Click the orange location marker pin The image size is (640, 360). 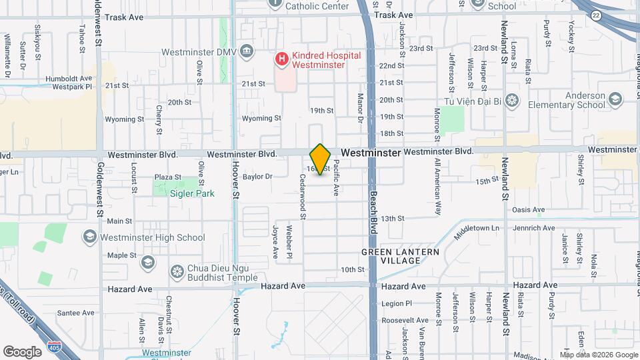[x=320, y=159]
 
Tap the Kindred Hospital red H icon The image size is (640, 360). [x=281, y=59]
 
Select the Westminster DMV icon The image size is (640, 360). [x=247, y=51]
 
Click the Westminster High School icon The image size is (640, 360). [x=89, y=237]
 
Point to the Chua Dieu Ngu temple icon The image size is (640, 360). [x=177, y=271]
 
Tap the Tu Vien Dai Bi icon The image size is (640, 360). [x=511, y=101]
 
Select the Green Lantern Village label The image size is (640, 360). [x=401, y=256]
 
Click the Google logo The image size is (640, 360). [x=22, y=351]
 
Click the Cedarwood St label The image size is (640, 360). [x=303, y=193]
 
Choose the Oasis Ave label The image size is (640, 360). [x=529, y=209]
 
